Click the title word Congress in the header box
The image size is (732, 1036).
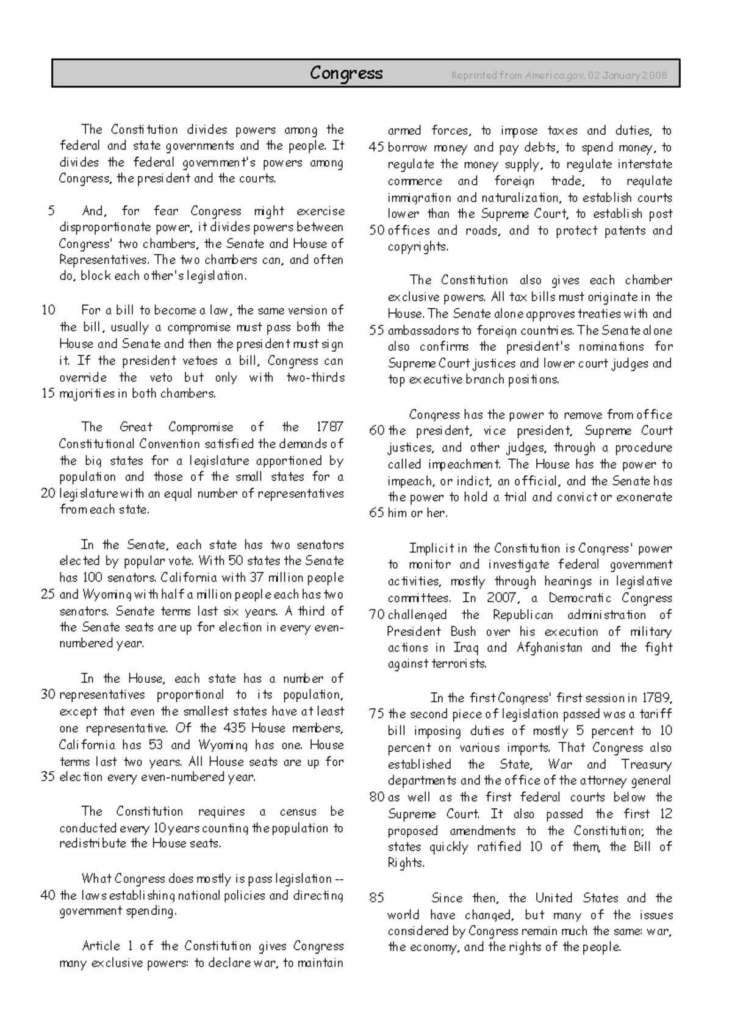point(346,74)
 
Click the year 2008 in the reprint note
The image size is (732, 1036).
point(655,76)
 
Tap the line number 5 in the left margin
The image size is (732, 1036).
point(51,211)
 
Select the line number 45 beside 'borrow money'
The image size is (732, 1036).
point(377,148)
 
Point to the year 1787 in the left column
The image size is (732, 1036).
point(331,427)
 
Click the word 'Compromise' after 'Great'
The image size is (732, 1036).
point(201,427)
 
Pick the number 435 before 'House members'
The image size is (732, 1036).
point(234,728)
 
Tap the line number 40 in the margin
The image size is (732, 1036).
point(48,896)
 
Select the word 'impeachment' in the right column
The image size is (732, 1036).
point(463,464)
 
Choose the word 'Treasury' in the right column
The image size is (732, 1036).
point(646,764)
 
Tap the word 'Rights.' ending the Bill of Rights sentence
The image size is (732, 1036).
point(406,863)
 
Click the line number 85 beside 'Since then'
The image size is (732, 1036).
point(377,898)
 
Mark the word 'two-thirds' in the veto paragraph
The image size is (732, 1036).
point(315,378)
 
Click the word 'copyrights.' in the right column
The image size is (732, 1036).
point(418,247)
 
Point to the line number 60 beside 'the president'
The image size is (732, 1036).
point(377,431)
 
